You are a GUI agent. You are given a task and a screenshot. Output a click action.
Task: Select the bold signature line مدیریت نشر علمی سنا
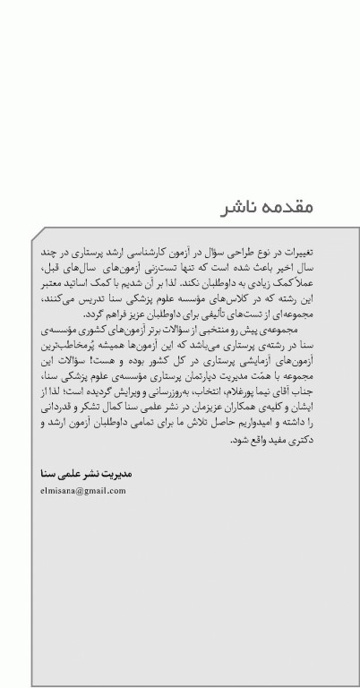pyautogui.click(x=81, y=472)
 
